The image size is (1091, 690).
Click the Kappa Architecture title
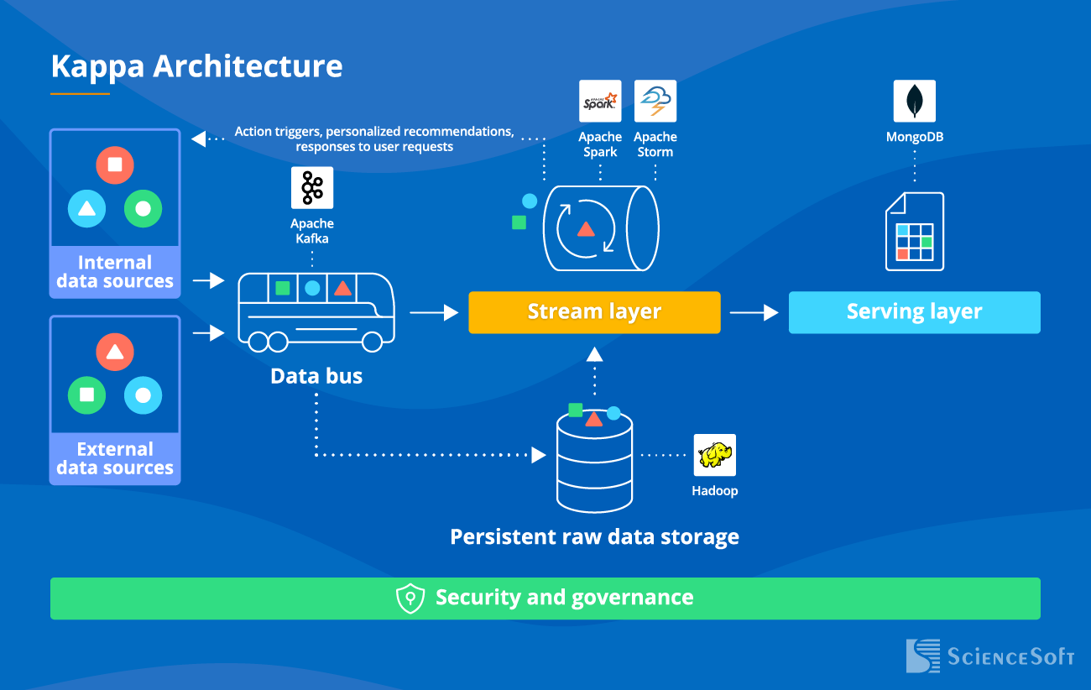pos(196,66)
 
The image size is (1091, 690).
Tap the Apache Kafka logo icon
pos(312,187)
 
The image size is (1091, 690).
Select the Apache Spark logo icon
pos(600,102)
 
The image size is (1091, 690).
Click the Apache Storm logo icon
pos(655,102)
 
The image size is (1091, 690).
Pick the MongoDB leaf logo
pos(914,102)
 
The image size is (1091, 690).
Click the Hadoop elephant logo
pos(714,455)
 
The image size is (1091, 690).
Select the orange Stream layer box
pos(594,312)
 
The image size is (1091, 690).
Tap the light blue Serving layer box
pos(914,312)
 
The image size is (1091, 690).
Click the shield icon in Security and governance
pos(410,599)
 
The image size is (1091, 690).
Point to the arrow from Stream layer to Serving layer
pos(754,312)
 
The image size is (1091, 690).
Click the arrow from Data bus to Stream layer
pos(434,312)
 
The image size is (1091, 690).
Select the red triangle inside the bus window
pos(342,288)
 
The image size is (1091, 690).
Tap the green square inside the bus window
pos(283,288)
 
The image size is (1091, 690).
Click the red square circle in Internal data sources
pos(115,165)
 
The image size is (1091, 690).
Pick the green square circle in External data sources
pos(87,395)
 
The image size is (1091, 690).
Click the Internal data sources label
pos(115,272)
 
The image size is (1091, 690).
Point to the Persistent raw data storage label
pos(594,536)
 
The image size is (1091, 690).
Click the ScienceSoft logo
pos(989,656)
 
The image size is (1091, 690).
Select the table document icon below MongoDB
pos(914,232)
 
